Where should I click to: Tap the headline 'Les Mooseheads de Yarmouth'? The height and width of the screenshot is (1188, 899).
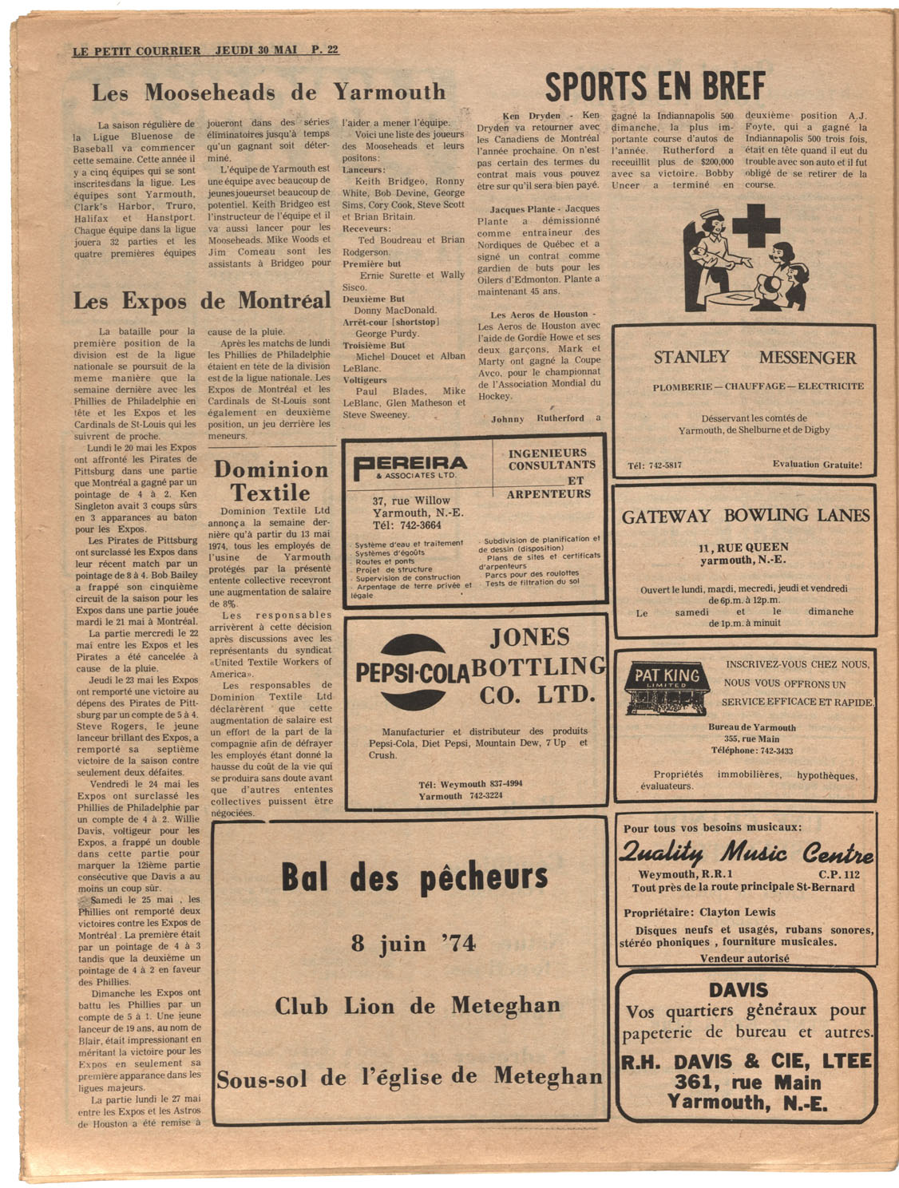(x=269, y=92)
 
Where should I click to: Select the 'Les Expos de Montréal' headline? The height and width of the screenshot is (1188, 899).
(x=202, y=301)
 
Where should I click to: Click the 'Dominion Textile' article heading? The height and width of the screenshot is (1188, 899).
(x=271, y=480)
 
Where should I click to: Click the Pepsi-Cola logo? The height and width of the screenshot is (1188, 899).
(x=413, y=671)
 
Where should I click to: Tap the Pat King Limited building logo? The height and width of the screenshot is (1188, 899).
(x=666, y=687)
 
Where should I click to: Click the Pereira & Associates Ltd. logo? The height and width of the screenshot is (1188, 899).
(x=410, y=466)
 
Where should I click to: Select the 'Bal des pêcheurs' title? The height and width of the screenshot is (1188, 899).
(x=414, y=877)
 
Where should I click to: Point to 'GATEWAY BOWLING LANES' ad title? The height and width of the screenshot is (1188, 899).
(x=746, y=516)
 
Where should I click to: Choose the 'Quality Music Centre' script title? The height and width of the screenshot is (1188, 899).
(x=746, y=853)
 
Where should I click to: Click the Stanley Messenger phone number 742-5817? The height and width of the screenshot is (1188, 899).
(x=655, y=465)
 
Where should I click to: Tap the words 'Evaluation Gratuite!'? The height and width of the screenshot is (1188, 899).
(x=817, y=464)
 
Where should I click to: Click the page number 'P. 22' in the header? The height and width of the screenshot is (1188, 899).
(x=325, y=49)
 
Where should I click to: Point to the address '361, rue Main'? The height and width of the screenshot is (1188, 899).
(x=747, y=1083)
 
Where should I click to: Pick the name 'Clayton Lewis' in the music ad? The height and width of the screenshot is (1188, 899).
(x=737, y=912)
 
